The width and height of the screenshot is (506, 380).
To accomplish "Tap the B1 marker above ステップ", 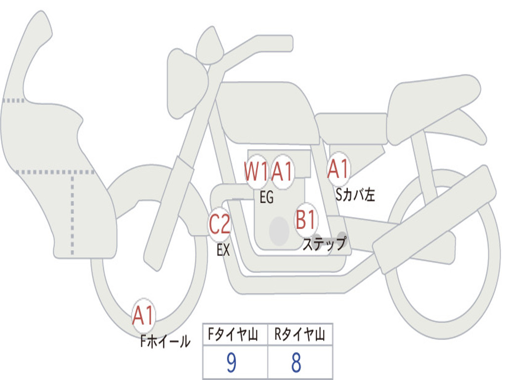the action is [306, 220].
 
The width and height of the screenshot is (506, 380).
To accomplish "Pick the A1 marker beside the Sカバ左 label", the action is [338, 169].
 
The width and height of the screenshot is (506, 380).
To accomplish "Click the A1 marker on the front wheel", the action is [144, 315].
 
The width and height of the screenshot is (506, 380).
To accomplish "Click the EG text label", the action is [266, 198].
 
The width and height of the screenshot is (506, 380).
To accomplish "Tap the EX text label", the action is [223, 250].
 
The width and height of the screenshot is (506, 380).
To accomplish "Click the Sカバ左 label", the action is [355, 195].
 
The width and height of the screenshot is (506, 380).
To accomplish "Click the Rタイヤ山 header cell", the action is [299, 335].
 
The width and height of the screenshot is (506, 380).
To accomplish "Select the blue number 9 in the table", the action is [231, 363].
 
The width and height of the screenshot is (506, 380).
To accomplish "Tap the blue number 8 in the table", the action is [296, 363].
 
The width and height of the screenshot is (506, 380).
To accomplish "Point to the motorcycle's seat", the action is [432, 104].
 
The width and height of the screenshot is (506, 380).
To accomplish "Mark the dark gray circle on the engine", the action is [279, 230].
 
